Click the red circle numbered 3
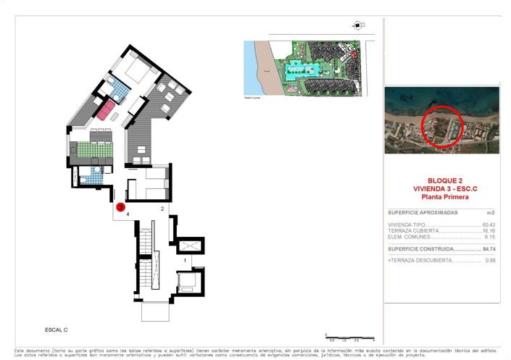tap(121, 206)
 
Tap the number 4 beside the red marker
tap(128, 214)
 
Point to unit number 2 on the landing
tap(162, 209)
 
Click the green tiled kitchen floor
tap(92, 150)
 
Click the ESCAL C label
tap(56, 330)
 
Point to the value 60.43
tap(489, 225)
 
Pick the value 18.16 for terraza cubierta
tap(489, 230)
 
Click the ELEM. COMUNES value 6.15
tap(490, 237)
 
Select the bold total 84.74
tap(489, 249)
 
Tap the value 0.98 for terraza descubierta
tap(490, 260)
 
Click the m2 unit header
tap(490, 213)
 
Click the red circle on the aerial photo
tap(441, 127)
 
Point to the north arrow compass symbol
tap(357, 25)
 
